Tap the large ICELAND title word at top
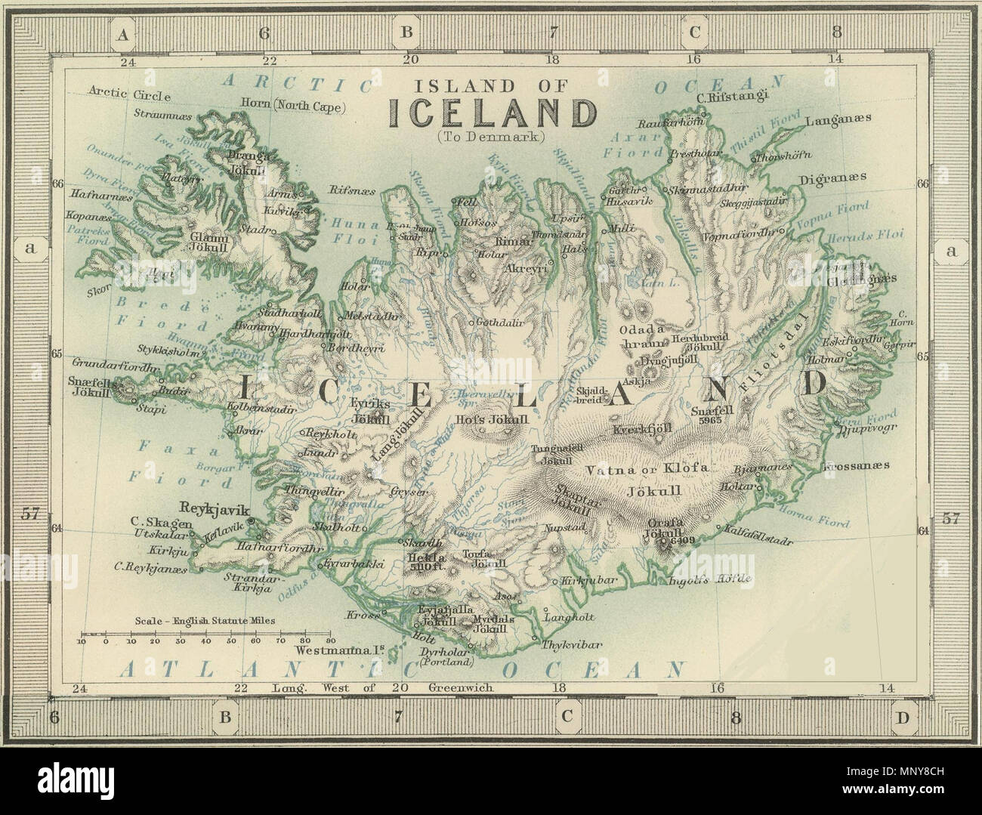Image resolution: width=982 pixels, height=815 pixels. point(490,114)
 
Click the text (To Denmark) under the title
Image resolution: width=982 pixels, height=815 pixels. point(489,137)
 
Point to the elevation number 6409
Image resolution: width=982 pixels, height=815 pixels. point(679,541)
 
